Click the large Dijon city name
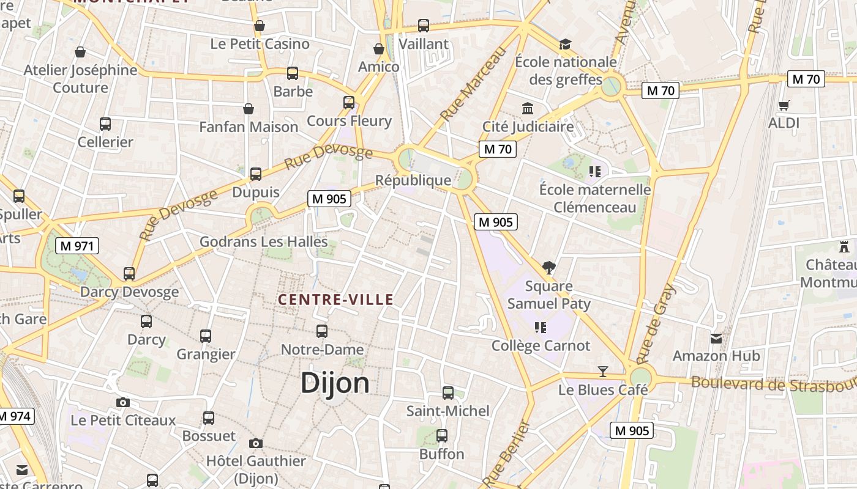335,383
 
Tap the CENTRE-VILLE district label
335,300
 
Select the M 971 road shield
77,246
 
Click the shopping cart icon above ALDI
784,105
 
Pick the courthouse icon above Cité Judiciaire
528,108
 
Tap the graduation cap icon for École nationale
565,44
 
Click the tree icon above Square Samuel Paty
548,267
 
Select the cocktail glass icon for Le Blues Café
603,371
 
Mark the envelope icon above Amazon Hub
716,338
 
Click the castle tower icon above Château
844,247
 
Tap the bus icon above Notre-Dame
322,331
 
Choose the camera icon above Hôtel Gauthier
256,443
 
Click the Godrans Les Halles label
264,241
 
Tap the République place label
413,180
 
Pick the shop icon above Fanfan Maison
249,109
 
